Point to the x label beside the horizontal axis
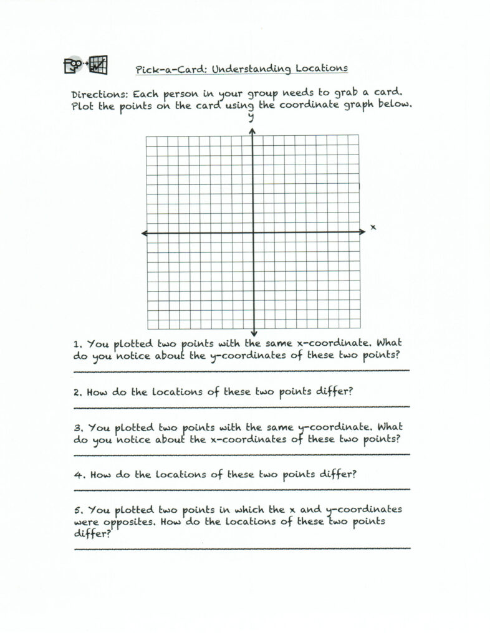373,227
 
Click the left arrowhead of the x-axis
143,233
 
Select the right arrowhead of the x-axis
363,232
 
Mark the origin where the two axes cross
253,233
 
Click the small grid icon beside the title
98,64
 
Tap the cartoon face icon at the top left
74,64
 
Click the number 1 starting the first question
76,344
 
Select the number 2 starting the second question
76,393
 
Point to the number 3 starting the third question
77,429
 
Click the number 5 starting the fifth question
77,510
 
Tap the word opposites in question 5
129,522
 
